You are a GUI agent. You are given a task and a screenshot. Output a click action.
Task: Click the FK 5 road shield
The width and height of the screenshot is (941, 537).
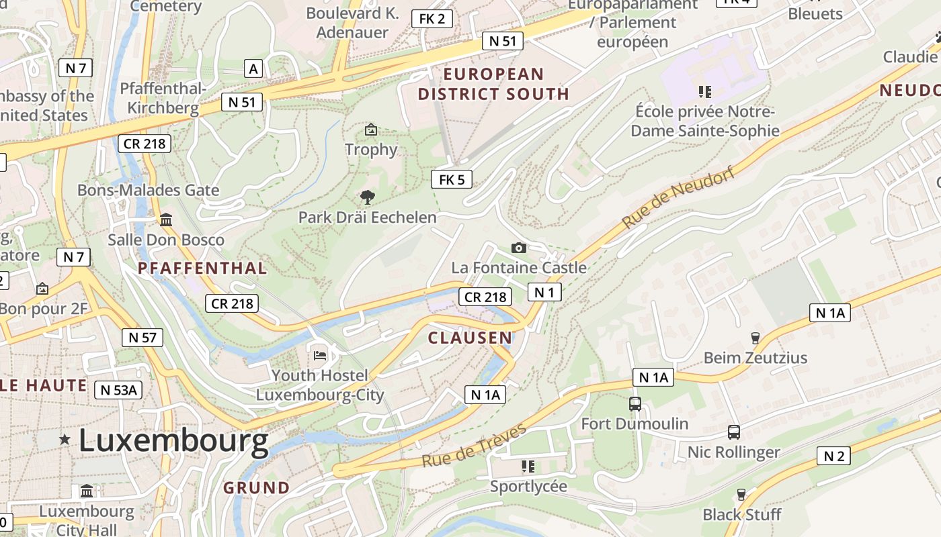pyautogui.click(x=452, y=179)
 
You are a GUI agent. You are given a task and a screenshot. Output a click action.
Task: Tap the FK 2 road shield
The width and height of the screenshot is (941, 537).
pyautogui.click(x=432, y=19)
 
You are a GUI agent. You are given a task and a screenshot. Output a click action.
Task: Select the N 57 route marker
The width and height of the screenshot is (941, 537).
pyautogui.click(x=142, y=337)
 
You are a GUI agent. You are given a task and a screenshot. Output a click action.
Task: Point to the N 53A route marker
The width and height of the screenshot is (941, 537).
pyautogui.click(x=118, y=389)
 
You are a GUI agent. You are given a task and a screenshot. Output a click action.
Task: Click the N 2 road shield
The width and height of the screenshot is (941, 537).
pyautogui.click(x=833, y=456)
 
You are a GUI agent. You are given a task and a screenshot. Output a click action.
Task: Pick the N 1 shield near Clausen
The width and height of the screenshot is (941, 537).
pyautogui.click(x=544, y=292)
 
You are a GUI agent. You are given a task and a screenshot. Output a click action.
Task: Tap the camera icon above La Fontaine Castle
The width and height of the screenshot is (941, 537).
pyautogui.click(x=518, y=248)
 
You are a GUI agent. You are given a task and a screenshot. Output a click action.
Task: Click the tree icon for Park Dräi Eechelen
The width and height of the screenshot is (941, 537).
pyautogui.click(x=367, y=197)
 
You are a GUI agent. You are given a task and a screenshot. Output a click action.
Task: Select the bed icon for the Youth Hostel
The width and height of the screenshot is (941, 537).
pyautogui.click(x=320, y=354)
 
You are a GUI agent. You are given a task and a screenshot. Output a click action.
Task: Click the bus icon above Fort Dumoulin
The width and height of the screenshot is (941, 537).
pyautogui.click(x=635, y=403)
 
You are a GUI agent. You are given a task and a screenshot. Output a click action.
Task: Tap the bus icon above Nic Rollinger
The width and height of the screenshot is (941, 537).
pyautogui.click(x=734, y=432)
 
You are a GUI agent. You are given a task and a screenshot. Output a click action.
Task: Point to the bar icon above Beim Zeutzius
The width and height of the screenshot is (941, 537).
pyautogui.click(x=755, y=338)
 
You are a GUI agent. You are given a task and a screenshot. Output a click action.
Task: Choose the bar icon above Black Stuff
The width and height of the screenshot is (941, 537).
pyautogui.click(x=741, y=494)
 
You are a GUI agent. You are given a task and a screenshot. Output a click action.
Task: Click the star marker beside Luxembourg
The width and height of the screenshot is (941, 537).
pyautogui.click(x=65, y=440)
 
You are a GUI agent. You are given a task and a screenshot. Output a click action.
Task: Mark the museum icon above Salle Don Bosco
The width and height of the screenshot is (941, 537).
pyautogui.click(x=166, y=219)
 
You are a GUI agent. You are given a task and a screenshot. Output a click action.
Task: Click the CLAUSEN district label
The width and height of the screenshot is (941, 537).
pyautogui.click(x=470, y=338)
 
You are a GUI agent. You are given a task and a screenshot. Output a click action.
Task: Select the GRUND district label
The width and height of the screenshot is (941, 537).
pyautogui.click(x=256, y=487)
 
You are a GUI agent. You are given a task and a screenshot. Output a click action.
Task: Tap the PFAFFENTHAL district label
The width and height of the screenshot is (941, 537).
pyautogui.click(x=202, y=268)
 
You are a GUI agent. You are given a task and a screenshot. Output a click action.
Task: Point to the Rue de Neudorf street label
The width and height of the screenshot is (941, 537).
pyautogui.click(x=678, y=195)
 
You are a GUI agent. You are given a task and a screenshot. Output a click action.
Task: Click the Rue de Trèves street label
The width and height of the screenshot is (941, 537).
pyautogui.click(x=474, y=446)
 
